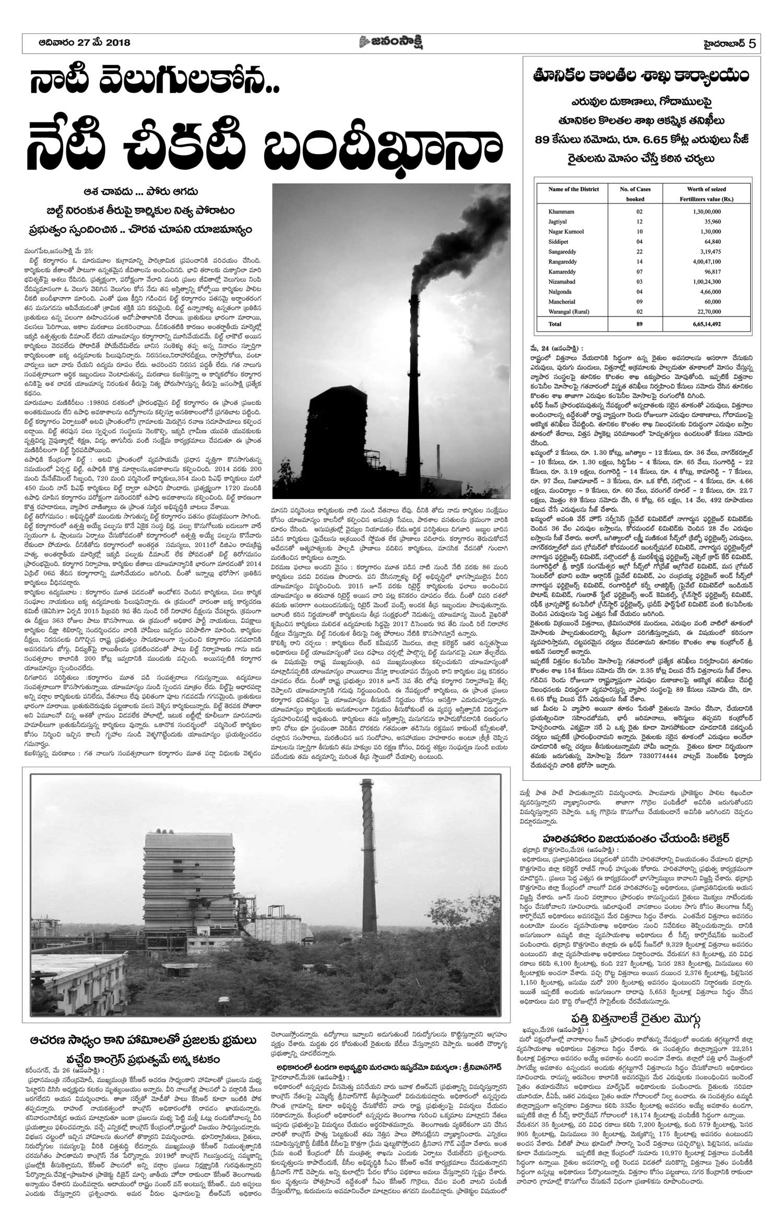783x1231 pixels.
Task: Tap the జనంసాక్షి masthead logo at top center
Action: click(391, 42)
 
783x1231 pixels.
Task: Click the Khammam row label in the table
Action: click(561, 212)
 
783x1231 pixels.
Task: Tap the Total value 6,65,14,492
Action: click(706, 324)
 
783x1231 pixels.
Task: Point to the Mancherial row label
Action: click(563, 301)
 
